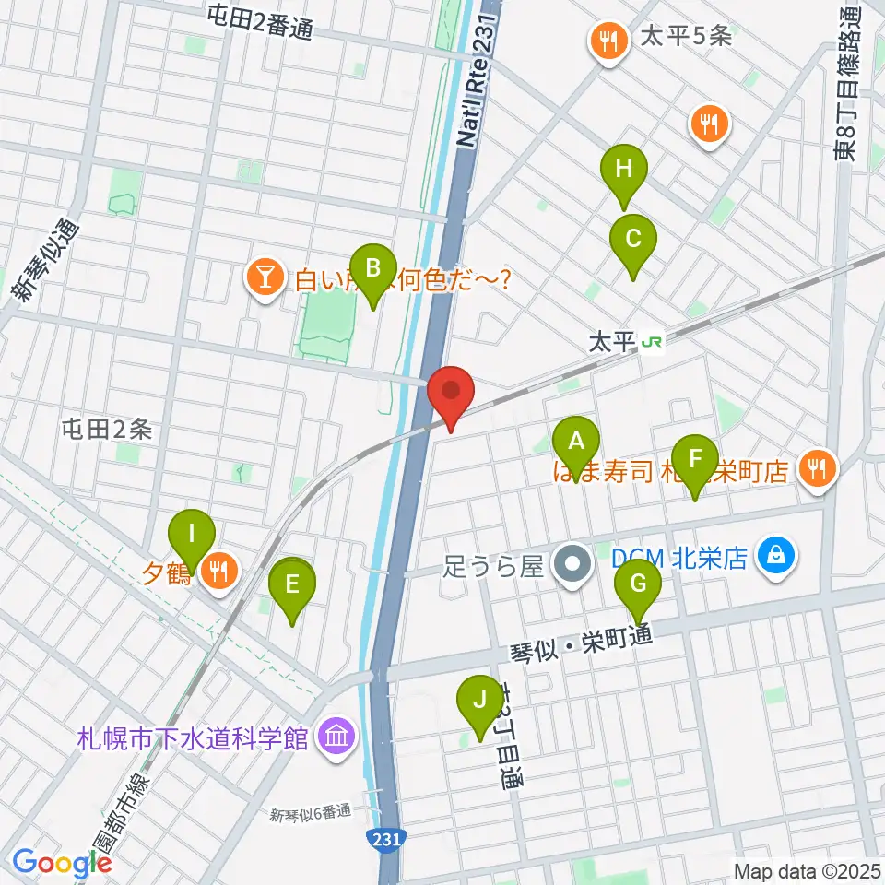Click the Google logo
point(62,863)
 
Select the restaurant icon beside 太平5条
point(608,41)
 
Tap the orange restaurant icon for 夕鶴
point(218,572)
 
